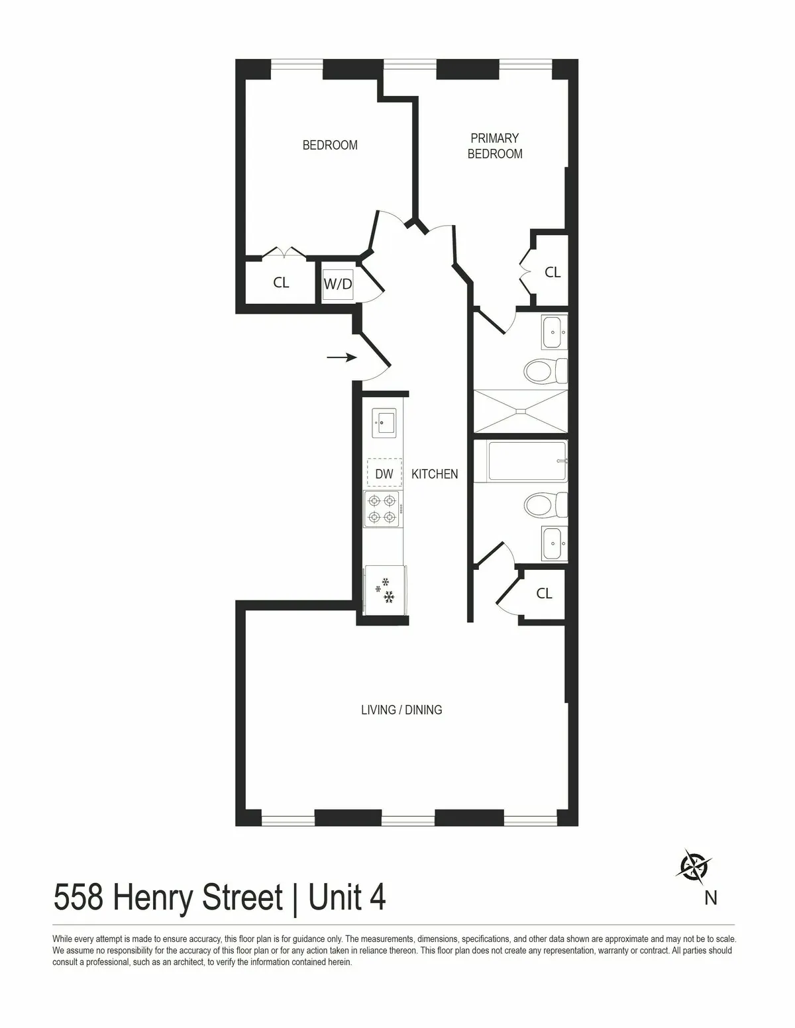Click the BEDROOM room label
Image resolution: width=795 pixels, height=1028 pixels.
click(x=330, y=145)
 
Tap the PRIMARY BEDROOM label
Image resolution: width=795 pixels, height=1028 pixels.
click(x=495, y=146)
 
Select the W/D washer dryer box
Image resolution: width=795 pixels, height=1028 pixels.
click(x=338, y=285)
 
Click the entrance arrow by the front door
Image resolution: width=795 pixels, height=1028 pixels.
click(x=342, y=357)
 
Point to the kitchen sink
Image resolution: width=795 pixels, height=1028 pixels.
click(x=384, y=422)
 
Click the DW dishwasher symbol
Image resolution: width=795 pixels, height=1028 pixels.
click(x=384, y=474)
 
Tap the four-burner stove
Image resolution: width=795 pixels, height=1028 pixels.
click(x=383, y=508)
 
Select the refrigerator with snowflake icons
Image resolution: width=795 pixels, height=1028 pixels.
click(x=385, y=588)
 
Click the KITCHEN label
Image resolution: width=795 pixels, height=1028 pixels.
click(x=435, y=474)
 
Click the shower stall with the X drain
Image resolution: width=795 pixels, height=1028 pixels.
click(x=520, y=412)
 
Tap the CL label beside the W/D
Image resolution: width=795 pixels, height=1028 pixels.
click(x=281, y=283)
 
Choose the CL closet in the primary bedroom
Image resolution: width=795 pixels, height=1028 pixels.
click(x=552, y=272)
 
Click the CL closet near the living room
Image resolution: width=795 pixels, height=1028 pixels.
click(x=544, y=594)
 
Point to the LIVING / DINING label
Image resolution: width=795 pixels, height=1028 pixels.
click(x=401, y=710)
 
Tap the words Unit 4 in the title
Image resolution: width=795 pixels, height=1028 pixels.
click(x=347, y=898)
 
